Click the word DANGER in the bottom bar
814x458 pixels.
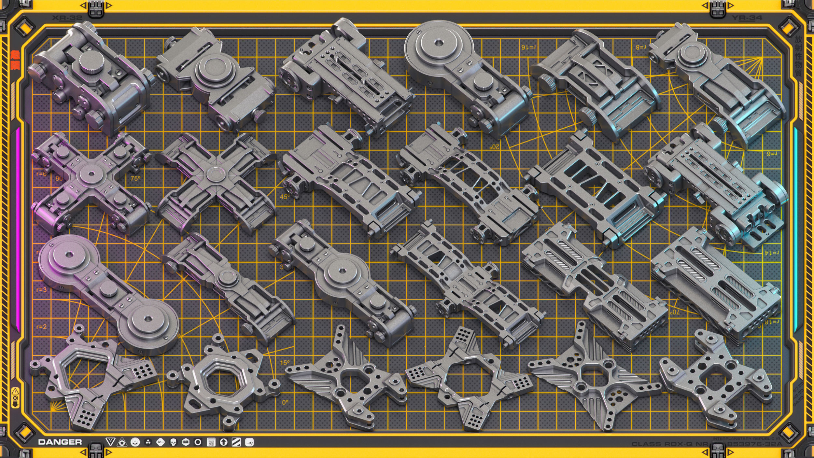(x=60, y=442)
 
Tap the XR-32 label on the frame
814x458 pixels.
(x=67, y=18)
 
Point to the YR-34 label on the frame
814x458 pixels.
(x=747, y=18)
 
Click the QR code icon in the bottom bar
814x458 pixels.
(x=211, y=442)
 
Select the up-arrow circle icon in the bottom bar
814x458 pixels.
(x=224, y=442)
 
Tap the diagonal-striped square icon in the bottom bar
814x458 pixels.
(x=236, y=442)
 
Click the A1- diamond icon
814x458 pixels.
(x=160, y=442)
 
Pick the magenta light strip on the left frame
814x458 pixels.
(x=18, y=228)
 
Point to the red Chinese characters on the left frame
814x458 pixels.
(x=15, y=60)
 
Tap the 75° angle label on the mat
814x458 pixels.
(x=135, y=179)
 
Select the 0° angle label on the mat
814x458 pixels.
(x=285, y=403)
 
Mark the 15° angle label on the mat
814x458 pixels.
(x=285, y=363)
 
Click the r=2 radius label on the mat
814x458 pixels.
(x=41, y=327)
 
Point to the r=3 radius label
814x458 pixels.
(x=41, y=290)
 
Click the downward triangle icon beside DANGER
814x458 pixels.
(x=110, y=442)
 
